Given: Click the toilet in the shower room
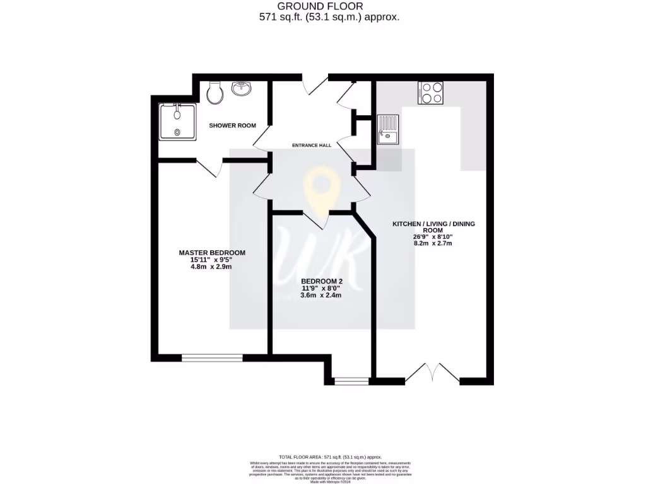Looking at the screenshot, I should pyautogui.click(x=214, y=93).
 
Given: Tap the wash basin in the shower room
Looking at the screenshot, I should pyautogui.click(x=242, y=89).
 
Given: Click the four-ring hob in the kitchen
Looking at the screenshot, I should pyautogui.click(x=430, y=93).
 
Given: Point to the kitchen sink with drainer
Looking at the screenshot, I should pyautogui.click(x=388, y=129).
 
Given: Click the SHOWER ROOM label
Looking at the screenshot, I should pyautogui.click(x=232, y=125).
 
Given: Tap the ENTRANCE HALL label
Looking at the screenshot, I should pyautogui.click(x=311, y=146).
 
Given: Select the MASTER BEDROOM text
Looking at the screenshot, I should pyautogui.click(x=212, y=253).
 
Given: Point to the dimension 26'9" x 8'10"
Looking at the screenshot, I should pyautogui.click(x=433, y=237).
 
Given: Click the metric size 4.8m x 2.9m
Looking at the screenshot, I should pyautogui.click(x=212, y=267).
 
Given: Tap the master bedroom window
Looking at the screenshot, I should pyautogui.click(x=212, y=357).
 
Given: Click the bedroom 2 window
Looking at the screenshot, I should pyautogui.click(x=351, y=381).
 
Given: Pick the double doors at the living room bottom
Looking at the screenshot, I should pyautogui.click(x=432, y=374).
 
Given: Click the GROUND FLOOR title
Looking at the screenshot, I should pyautogui.click(x=329, y=6).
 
